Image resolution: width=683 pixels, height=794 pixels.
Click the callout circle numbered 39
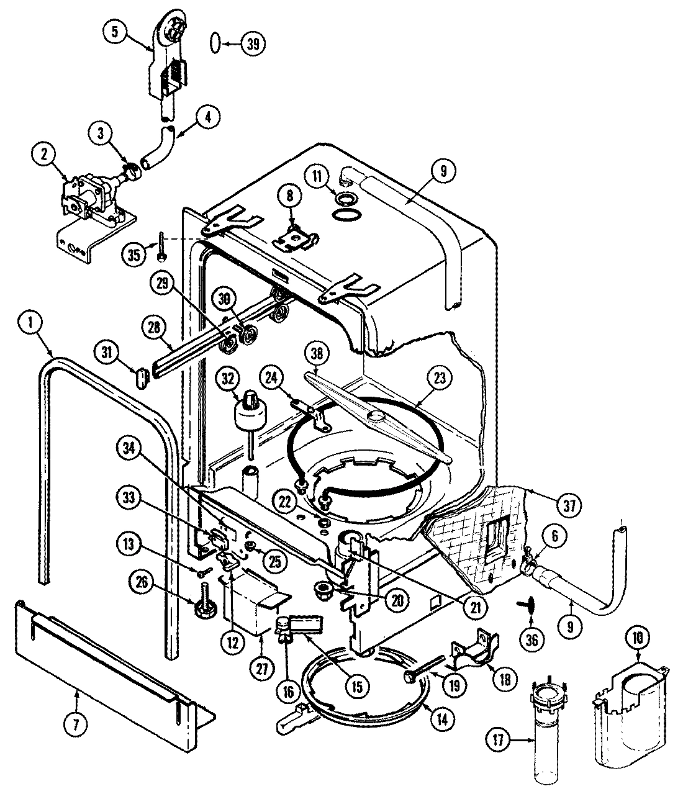252,43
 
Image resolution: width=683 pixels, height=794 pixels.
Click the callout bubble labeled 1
28,322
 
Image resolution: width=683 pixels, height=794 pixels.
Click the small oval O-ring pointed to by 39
214,43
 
